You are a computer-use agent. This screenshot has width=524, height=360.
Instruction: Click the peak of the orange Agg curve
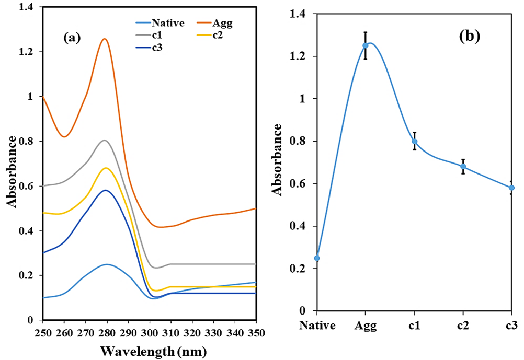click(x=105, y=39)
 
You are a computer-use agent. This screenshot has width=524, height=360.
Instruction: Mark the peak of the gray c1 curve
click(x=105, y=140)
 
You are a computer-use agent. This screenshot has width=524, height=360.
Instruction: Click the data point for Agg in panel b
click(x=366, y=45)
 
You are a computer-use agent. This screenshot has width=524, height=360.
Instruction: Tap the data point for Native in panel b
click(x=317, y=258)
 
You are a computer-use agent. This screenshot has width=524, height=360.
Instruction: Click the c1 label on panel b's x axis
click(x=414, y=326)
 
